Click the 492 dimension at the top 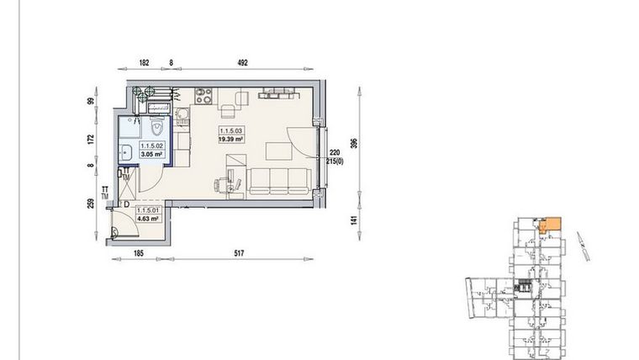[x=243, y=62]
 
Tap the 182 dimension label [x=144, y=62]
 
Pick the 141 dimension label [x=356, y=222]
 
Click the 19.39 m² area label [x=231, y=140]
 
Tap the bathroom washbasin [x=125, y=152]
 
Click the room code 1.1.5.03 [x=231, y=132]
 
